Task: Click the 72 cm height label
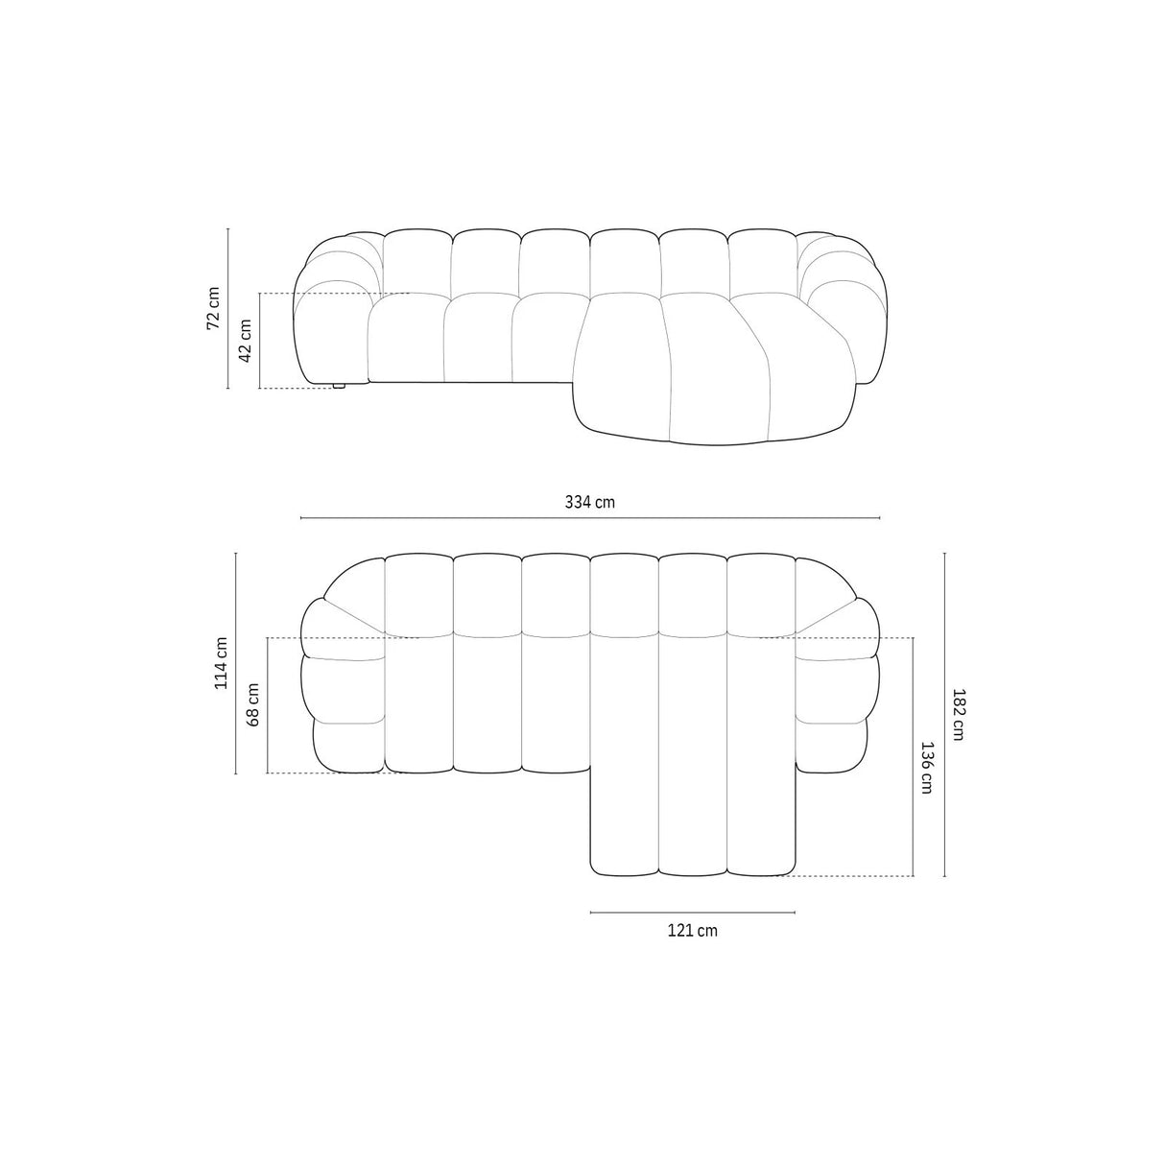[213, 308]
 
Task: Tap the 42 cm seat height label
[245, 340]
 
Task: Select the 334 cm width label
[590, 502]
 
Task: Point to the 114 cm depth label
[221, 662]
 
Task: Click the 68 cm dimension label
[253, 704]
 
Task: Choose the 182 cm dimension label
[959, 714]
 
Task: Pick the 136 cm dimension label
[927, 767]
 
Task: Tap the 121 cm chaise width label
[692, 930]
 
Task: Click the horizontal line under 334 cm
[590, 518]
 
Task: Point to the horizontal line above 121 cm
[692, 912]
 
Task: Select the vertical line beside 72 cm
[228, 308]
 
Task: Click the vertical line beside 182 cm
[945, 714]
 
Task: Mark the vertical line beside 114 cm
[236, 662]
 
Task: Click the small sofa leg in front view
[339, 386]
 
